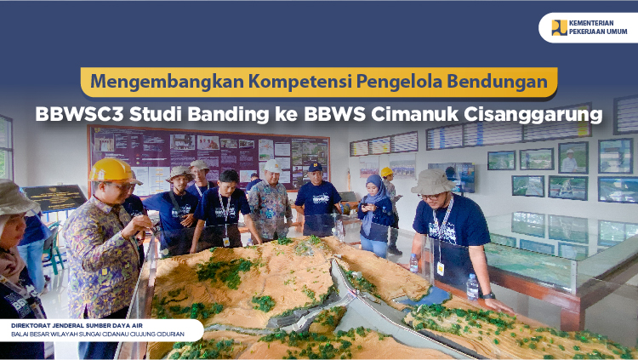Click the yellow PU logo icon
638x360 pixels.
559,28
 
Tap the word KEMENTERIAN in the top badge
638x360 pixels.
591,23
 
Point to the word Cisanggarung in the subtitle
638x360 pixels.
533,115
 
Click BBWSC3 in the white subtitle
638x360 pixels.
79,114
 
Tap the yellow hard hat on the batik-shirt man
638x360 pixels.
111,170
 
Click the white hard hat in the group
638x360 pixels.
272,166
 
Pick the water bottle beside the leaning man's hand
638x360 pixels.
472,287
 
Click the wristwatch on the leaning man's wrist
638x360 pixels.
488,295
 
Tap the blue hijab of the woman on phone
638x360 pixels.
374,195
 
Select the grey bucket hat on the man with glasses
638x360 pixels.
433,181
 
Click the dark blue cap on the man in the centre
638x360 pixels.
316,167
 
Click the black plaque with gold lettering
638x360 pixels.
54,198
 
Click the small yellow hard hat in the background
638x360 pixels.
386,172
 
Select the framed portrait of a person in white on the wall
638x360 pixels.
572,157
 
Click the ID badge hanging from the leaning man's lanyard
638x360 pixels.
441,268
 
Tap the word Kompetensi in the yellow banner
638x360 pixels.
300,82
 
